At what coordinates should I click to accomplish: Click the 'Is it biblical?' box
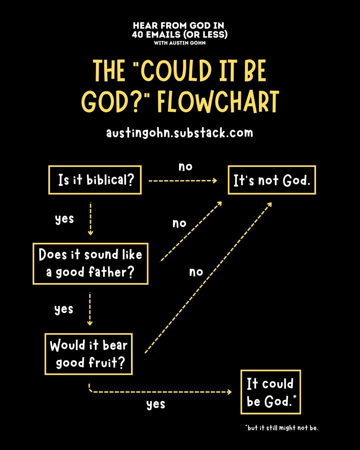click(x=95, y=180)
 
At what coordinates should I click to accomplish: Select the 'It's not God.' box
click(x=272, y=180)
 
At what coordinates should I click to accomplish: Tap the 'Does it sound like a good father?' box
click(x=90, y=264)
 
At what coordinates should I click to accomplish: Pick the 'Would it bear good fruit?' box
click(x=89, y=354)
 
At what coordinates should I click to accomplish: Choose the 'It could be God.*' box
click(x=271, y=392)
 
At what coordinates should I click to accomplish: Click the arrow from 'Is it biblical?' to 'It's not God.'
click(x=182, y=181)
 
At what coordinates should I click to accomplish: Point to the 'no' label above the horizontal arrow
click(x=185, y=166)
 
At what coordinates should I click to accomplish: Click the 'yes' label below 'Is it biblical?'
click(x=64, y=219)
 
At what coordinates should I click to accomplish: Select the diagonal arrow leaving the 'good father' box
click(x=191, y=232)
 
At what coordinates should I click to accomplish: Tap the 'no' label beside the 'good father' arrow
click(x=179, y=223)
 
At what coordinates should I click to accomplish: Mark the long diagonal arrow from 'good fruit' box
click(x=208, y=277)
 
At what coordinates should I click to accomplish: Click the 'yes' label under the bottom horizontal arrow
click(x=156, y=404)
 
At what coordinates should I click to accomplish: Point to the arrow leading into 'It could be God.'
click(x=160, y=392)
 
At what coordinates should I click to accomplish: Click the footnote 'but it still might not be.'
click(x=282, y=428)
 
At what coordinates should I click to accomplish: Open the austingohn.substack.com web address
click(x=180, y=133)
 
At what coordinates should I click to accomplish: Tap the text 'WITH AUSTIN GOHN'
click(x=180, y=43)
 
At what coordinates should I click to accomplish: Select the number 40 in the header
click(x=137, y=34)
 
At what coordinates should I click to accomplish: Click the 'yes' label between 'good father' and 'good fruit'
click(x=64, y=309)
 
